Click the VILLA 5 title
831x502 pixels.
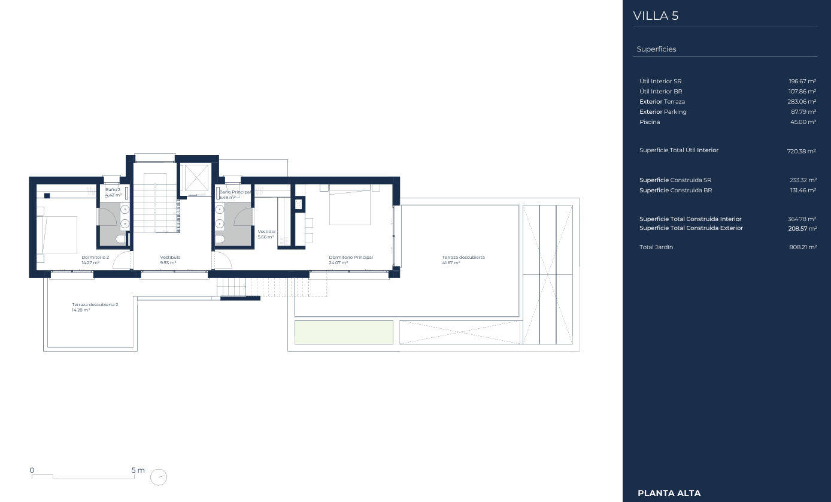click(x=656, y=16)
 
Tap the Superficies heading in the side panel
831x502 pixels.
click(x=656, y=49)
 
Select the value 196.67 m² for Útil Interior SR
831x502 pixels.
click(x=802, y=81)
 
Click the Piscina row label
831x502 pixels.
click(x=650, y=122)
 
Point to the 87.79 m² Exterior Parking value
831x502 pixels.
click(x=803, y=112)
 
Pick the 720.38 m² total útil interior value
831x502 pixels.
click(x=801, y=151)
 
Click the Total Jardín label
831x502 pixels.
click(x=656, y=247)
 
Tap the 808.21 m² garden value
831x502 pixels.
click(x=803, y=247)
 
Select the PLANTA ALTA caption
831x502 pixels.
click(x=669, y=493)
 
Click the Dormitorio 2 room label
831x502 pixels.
click(x=95, y=258)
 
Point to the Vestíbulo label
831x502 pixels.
click(x=170, y=258)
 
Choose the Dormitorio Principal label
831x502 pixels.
click(x=351, y=258)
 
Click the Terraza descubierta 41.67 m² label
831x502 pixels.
click(x=463, y=260)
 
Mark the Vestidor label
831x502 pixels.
click(x=267, y=232)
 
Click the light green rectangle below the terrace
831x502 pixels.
click(x=344, y=332)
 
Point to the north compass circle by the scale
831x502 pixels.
click(x=159, y=477)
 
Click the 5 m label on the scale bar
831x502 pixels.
click(x=138, y=470)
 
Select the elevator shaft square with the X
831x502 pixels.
click(x=196, y=179)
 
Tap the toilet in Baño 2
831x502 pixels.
click(x=122, y=238)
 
